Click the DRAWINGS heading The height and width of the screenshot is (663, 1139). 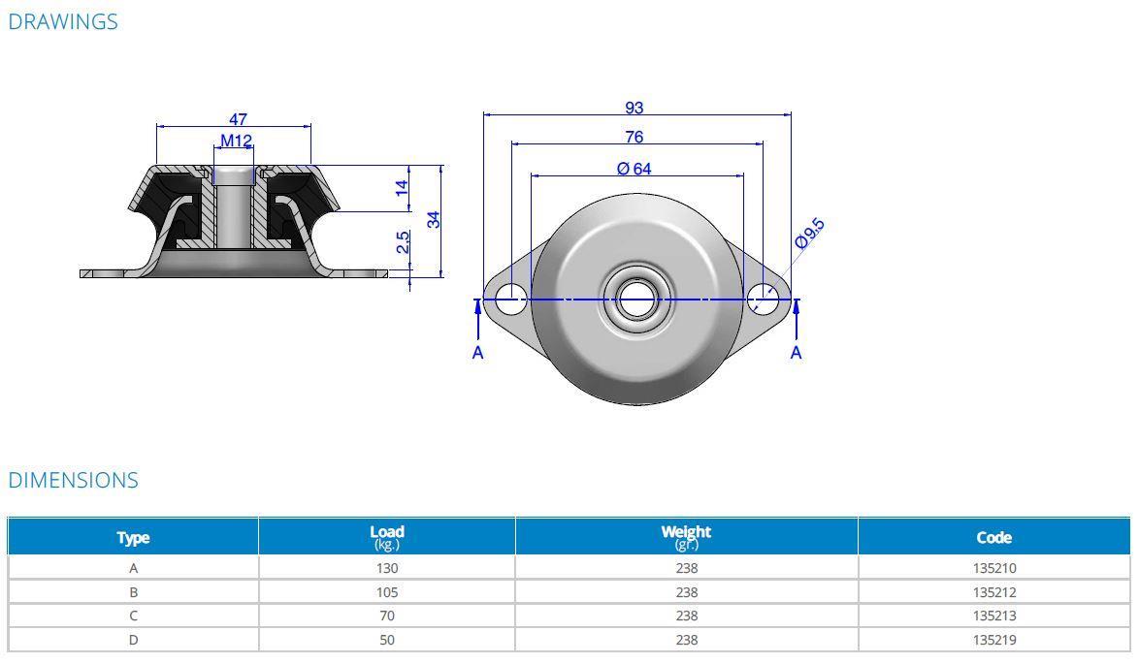(x=63, y=21)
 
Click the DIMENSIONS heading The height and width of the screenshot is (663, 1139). (x=74, y=480)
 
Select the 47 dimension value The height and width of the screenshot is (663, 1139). (x=238, y=119)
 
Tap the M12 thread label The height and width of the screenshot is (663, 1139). (x=236, y=141)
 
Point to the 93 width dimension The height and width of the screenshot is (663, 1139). (x=634, y=108)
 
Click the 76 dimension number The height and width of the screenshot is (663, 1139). (x=634, y=138)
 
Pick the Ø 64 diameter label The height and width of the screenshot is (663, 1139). (x=634, y=169)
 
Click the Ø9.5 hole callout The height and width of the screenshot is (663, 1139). (x=809, y=234)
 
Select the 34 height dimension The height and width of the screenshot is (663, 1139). (x=435, y=219)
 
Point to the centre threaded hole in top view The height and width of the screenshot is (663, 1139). (x=635, y=300)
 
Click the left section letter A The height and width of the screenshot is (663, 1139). (x=477, y=353)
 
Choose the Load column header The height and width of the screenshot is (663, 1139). (x=386, y=536)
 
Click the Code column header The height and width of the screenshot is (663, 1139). (x=993, y=537)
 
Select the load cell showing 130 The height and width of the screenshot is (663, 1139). (x=386, y=569)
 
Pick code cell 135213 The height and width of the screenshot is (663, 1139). (x=993, y=616)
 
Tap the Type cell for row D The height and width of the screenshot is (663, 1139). (x=133, y=640)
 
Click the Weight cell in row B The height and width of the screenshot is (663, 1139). (x=686, y=592)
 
